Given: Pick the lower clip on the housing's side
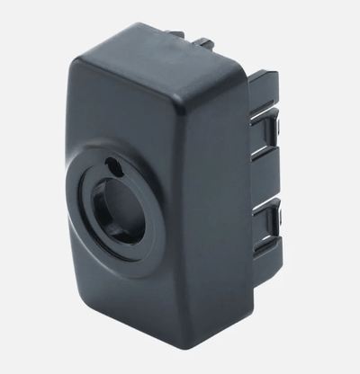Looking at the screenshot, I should (x=270, y=216).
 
